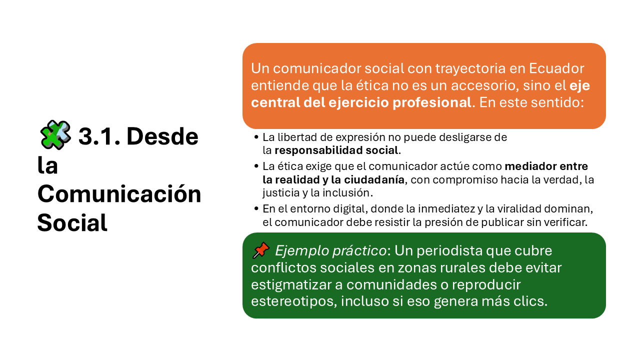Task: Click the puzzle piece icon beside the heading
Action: pyautogui.click(x=55, y=135)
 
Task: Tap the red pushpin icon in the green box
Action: pyautogui.click(x=261, y=250)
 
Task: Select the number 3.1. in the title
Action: pyautogui.click(x=99, y=136)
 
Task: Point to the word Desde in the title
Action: pyautogui.click(x=162, y=136)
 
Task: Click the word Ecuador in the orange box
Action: pyautogui.click(x=556, y=68)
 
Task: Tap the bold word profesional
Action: pyautogui.click(x=431, y=103)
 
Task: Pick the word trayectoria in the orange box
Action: pyautogui.click(x=470, y=69)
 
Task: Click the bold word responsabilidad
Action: pyautogui.click(x=318, y=150)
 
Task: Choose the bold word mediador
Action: pyautogui.click(x=526, y=166)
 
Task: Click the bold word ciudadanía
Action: pyautogui.click(x=374, y=179)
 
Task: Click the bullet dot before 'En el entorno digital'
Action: pyautogui.click(x=256, y=208)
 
